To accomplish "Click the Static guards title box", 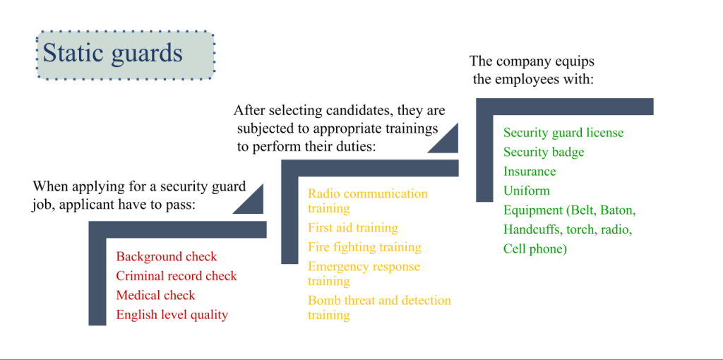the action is [126, 55].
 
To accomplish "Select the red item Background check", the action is [167, 256].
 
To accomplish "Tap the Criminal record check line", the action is [177, 275].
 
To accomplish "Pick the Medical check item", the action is [156, 295].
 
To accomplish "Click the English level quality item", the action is [172, 316].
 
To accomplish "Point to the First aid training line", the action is [353, 228].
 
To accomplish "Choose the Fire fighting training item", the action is [365, 247].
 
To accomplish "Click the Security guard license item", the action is [563, 133].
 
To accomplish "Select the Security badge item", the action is [544, 152].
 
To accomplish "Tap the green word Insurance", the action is [530, 172].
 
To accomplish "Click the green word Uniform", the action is [527, 191].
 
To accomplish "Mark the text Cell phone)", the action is [535, 249].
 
